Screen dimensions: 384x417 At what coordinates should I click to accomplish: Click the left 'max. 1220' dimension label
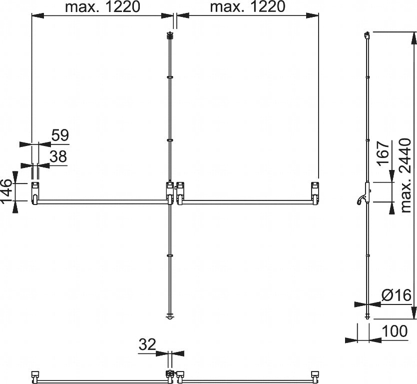(x=102, y=7)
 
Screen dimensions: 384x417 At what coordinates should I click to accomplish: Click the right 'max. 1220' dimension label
(x=247, y=7)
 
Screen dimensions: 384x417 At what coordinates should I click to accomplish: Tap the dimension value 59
(x=59, y=135)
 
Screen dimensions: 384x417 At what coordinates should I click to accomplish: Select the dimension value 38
(x=58, y=156)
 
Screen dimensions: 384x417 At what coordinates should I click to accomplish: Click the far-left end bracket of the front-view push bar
(x=35, y=193)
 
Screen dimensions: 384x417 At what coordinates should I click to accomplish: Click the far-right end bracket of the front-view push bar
(x=315, y=193)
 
